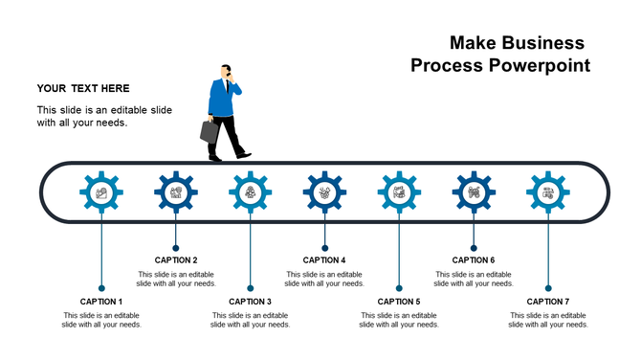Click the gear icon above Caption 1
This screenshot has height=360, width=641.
[x=100, y=192]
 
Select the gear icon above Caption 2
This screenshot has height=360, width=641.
[x=175, y=192]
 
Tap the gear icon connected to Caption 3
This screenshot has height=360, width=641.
[x=250, y=192]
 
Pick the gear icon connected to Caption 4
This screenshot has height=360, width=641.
[x=324, y=192]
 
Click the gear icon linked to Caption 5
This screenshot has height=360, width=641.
[x=399, y=192]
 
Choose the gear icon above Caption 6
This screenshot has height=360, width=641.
[x=474, y=192]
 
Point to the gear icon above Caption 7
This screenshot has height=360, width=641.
[x=548, y=192]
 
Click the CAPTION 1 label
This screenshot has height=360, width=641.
[x=101, y=302]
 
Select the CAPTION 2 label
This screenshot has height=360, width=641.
[x=176, y=260]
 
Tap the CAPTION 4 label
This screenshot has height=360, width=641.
[x=324, y=260]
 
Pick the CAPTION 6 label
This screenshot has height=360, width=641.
[x=474, y=260]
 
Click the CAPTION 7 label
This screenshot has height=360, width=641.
[x=548, y=302]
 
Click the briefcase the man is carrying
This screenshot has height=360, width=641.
[x=210, y=131]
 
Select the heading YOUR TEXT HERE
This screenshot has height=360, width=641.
[x=83, y=88]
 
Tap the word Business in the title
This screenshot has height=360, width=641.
[x=543, y=43]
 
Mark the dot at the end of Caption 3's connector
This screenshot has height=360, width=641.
[x=250, y=287]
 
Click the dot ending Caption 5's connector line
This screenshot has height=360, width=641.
[x=399, y=287]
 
